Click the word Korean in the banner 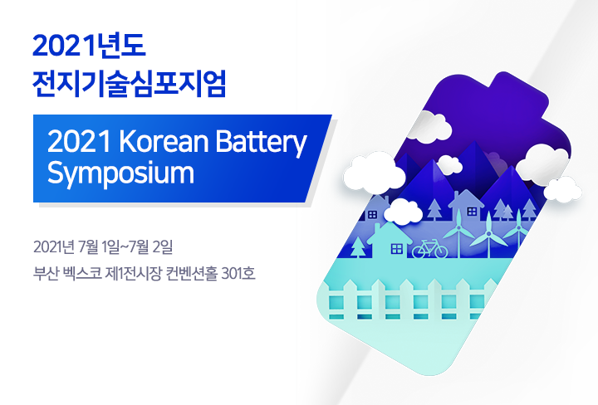[164, 141]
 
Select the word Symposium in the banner [120, 173]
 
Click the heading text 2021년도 [89, 46]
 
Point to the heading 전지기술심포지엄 [130, 84]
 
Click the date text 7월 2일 [151, 247]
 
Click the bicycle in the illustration [430, 249]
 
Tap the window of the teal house [397, 249]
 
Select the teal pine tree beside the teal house [358, 246]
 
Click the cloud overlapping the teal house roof [403, 212]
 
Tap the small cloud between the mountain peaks [449, 164]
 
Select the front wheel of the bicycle [440, 251]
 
